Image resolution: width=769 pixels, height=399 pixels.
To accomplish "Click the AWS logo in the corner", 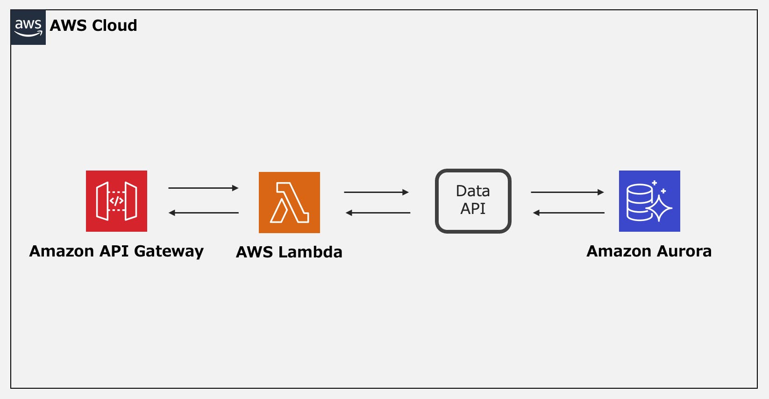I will click(28, 27).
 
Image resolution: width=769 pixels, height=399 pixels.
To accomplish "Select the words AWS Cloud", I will click(93, 25).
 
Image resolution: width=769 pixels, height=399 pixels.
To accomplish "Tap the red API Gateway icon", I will click(116, 201).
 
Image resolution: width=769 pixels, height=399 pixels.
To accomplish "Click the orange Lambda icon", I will click(289, 202).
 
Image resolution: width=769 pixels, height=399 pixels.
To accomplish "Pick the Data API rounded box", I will click(473, 201).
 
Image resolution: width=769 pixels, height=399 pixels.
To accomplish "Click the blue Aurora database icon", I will click(649, 201).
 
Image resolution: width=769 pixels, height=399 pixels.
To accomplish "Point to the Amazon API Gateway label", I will click(116, 251).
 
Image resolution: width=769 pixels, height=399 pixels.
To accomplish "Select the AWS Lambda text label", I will click(289, 252).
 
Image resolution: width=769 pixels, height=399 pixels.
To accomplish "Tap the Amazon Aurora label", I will click(649, 251).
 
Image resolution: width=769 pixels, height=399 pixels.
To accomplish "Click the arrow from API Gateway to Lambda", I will click(203, 188).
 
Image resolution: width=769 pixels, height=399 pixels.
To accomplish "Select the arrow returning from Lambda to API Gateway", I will click(203, 213).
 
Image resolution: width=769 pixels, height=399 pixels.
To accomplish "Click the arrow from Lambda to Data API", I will click(377, 192).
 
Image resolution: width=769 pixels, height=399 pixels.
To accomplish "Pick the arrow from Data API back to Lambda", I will click(377, 213).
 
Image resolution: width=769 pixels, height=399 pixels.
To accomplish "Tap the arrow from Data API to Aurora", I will click(567, 192).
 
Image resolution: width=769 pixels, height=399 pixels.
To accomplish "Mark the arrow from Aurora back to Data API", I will click(569, 213).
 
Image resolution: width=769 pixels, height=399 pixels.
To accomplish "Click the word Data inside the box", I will click(473, 191).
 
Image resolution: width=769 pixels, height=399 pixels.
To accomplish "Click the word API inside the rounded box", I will click(473, 209).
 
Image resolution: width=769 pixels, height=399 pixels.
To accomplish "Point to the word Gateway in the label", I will click(169, 252).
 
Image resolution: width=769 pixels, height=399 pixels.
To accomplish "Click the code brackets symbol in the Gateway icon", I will click(116, 201).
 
